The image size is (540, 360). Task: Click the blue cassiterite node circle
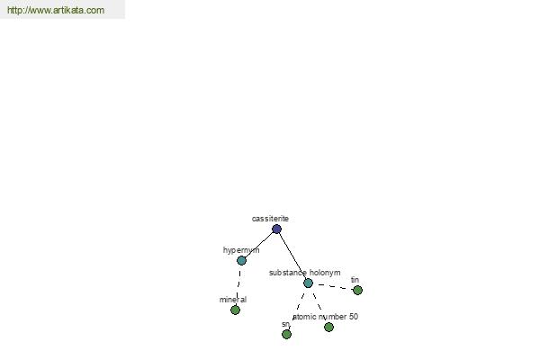276,229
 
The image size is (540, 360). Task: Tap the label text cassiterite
270,219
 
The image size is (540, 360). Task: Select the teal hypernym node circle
242,260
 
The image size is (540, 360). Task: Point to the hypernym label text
241,250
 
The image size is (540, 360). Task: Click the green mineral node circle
235,310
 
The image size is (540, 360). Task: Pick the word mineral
233,300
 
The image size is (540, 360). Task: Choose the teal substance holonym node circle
308,283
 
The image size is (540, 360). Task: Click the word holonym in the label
325,273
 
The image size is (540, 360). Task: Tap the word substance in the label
288,273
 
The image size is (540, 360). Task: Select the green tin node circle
358,291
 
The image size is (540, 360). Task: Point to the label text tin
355,280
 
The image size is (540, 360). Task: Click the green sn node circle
286,334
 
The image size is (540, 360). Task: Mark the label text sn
285,324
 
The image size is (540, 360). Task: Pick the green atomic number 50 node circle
328,327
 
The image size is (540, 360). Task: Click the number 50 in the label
354,317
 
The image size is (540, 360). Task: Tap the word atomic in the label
304,317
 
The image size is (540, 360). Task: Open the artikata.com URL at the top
56,10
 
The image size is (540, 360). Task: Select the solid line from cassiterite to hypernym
259,245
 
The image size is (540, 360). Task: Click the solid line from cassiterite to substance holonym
292,256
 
